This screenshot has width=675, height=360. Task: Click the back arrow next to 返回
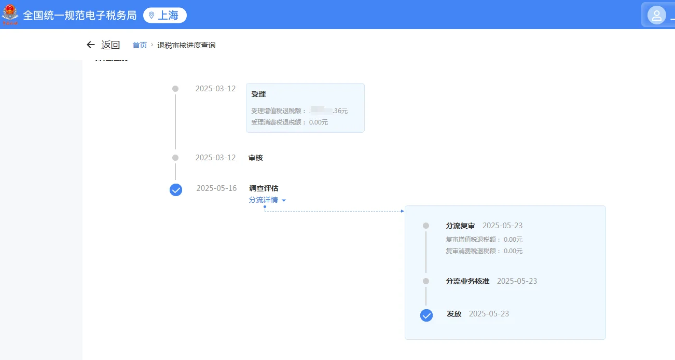91,45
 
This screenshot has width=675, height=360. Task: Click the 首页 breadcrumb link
140,45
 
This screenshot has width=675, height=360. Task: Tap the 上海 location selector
165,16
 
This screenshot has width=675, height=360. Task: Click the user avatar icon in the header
656,15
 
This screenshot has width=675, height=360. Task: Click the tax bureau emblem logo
10,15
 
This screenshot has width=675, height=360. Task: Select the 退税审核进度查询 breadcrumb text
186,45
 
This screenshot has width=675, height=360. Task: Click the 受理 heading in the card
258,94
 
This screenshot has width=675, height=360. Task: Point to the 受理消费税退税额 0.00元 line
290,122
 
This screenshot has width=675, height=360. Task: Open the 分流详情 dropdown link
267,200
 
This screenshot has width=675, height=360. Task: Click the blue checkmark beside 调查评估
176,190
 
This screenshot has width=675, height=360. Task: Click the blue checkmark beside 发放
426,315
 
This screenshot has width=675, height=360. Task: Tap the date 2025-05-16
216,188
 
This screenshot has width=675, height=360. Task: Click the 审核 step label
256,158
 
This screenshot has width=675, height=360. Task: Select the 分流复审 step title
460,226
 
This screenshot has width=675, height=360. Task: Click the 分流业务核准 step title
467,281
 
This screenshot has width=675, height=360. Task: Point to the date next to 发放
489,314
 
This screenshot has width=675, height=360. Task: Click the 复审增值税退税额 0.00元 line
484,240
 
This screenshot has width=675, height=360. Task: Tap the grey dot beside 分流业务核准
426,281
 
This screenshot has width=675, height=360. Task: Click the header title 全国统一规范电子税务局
79,16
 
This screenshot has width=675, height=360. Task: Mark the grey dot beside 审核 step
175,158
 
